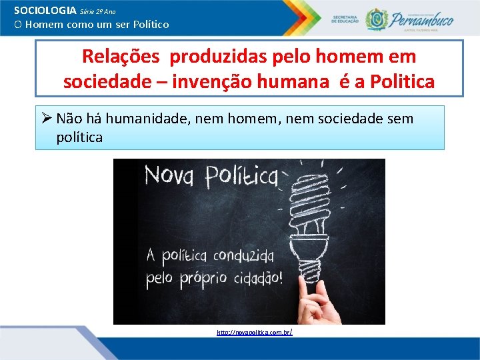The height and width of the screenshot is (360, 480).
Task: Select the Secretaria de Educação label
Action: coord(345,19)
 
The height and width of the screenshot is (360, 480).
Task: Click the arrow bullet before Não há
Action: coord(46,119)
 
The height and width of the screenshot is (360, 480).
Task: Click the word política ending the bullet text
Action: coord(80,137)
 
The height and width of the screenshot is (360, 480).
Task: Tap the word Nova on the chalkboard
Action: coord(170,177)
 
